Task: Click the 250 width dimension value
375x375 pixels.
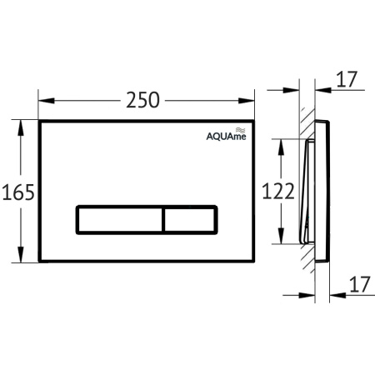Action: pyautogui.click(x=144, y=101)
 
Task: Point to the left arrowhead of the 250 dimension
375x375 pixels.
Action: pyautogui.click(x=44, y=101)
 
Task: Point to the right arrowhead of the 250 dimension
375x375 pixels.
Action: pyautogui.click(x=250, y=101)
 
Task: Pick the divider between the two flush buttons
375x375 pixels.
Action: pyautogui.click(x=162, y=219)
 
